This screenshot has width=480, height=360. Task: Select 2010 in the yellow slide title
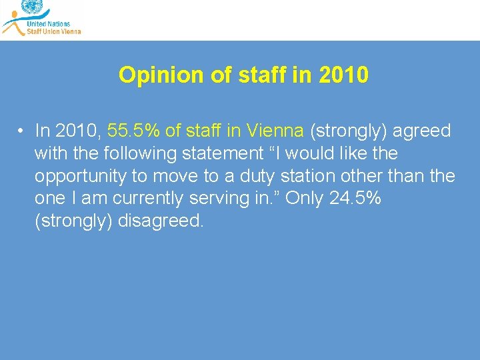click(343, 75)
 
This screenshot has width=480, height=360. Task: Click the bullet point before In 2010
click(22, 131)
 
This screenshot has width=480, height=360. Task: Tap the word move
click(175, 176)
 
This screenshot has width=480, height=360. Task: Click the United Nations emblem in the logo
click(31, 7)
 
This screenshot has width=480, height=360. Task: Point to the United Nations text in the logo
click(48, 23)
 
